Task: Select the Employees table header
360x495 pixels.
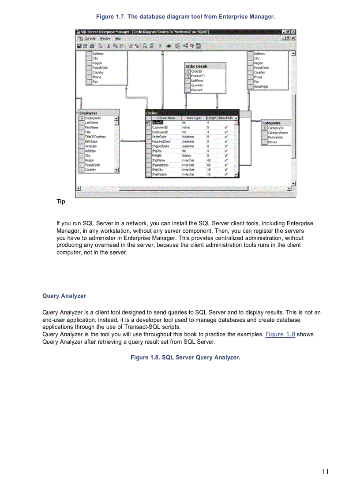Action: tap(88, 113)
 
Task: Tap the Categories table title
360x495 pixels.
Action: tap(271, 123)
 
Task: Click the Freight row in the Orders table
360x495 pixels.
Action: tap(157, 156)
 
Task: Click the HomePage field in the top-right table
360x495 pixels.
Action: tap(261, 87)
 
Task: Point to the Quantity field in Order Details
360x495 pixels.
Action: tap(197, 86)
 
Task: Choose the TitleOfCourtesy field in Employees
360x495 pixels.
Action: tap(95, 137)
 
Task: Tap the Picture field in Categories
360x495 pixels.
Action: tap(272, 142)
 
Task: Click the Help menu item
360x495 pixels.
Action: tap(117, 38)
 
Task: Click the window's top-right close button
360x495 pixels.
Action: tap(293, 32)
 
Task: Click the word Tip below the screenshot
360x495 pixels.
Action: tap(60, 201)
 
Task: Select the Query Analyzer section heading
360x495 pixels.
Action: tap(64, 296)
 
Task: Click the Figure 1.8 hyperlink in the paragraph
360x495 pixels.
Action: tap(280, 334)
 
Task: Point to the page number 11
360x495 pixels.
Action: tap(325, 472)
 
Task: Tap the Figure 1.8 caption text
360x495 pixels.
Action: tap(185, 357)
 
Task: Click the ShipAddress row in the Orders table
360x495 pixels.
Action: tap(160, 165)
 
